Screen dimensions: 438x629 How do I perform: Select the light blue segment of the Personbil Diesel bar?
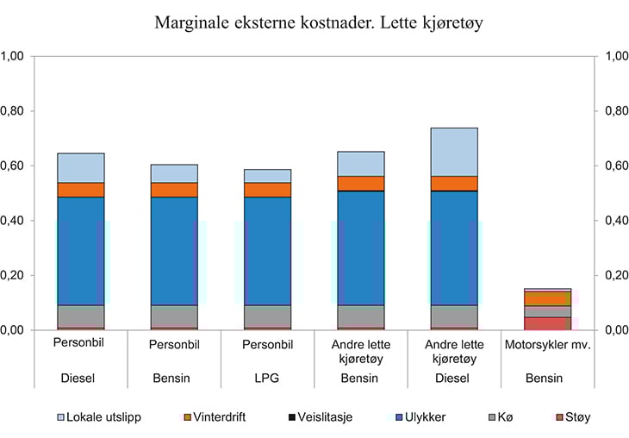pos(81,167)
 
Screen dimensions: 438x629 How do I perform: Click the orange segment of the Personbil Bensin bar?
pos(174,190)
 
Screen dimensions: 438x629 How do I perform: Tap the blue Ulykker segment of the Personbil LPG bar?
pos(267,251)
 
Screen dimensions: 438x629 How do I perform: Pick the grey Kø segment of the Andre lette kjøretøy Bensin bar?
pos(360,316)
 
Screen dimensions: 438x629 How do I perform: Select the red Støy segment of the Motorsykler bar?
pos(547,323)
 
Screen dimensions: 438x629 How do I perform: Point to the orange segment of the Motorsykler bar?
pos(547,298)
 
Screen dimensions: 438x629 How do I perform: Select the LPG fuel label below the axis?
pos(267,378)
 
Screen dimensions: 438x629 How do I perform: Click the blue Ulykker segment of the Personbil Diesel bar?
pos(81,251)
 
